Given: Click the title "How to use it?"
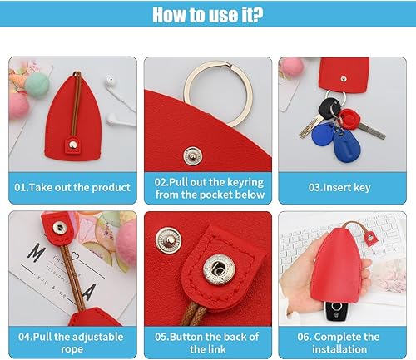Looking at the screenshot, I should click(208, 16).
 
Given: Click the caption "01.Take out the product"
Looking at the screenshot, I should click(72, 187).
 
